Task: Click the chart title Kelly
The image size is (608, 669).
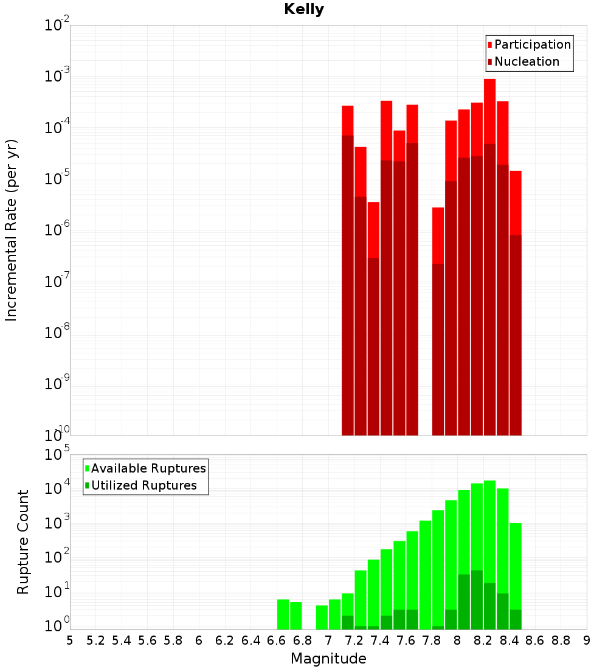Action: (x=304, y=10)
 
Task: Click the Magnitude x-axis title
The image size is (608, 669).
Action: (x=328, y=659)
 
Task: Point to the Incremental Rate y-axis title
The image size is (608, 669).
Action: (x=12, y=230)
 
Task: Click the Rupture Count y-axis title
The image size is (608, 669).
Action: (x=23, y=542)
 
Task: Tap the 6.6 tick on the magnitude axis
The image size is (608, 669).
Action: (x=277, y=640)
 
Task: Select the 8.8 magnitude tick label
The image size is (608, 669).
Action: (x=561, y=640)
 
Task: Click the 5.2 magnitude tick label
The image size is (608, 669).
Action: (x=95, y=640)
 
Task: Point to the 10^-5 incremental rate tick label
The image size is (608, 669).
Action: (x=57, y=178)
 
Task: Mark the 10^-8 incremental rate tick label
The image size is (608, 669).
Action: (x=57, y=332)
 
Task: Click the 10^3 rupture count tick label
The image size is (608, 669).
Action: (x=57, y=522)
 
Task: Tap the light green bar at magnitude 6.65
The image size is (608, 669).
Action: (x=283, y=614)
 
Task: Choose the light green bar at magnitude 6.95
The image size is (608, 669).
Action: (x=322, y=617)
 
